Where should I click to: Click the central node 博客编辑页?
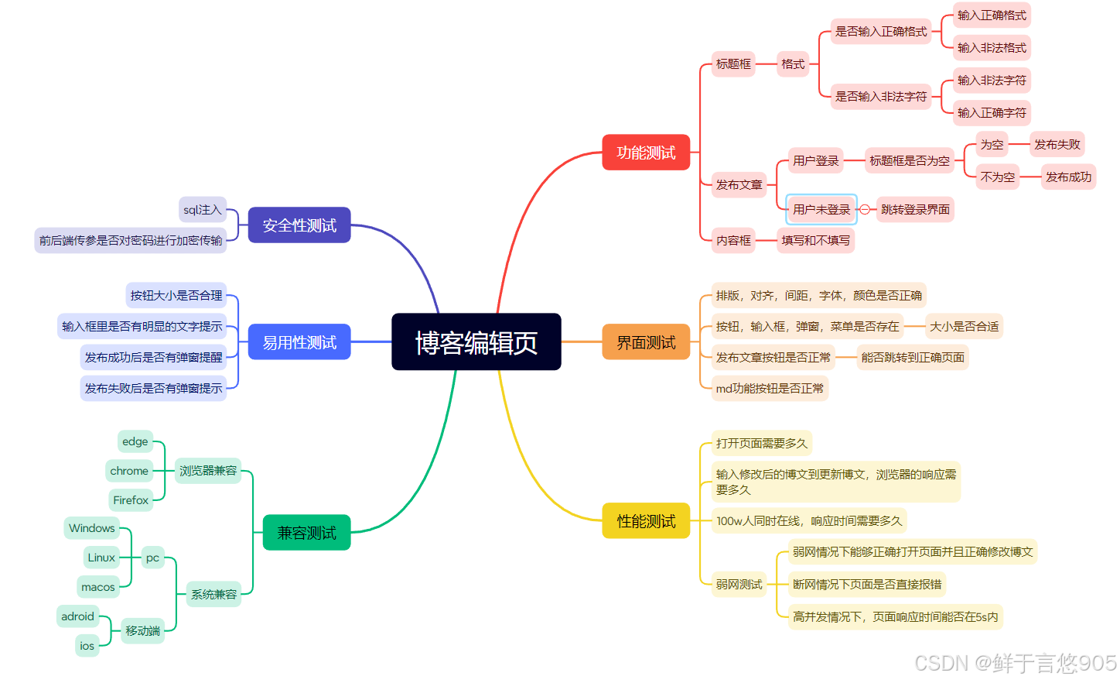click(476, 342)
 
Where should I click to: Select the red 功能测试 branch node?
click(646, 153)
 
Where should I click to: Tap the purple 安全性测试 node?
click(299, 225)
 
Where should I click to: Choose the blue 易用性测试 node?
click(299, 342)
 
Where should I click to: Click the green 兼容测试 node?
click(306, 533)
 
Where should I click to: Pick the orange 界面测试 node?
click(646, 342)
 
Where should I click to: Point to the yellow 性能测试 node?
click(646, 521)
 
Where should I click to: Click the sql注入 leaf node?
click(203, 210)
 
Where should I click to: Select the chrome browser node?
click(129, 471)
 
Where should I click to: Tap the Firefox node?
click(131, 500)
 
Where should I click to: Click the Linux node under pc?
click(101, 558)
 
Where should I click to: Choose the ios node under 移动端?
click(87, 646)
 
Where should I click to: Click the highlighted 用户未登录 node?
click(821, 210)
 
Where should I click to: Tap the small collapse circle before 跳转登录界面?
click(865, 210)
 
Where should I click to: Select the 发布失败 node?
click(1057, 145)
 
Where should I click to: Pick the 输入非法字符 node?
click(992, 81)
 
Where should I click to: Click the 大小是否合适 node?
click(964, 327)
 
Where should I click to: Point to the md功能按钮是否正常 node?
click(770, 389)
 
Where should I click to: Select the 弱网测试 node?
click(739, 585)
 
